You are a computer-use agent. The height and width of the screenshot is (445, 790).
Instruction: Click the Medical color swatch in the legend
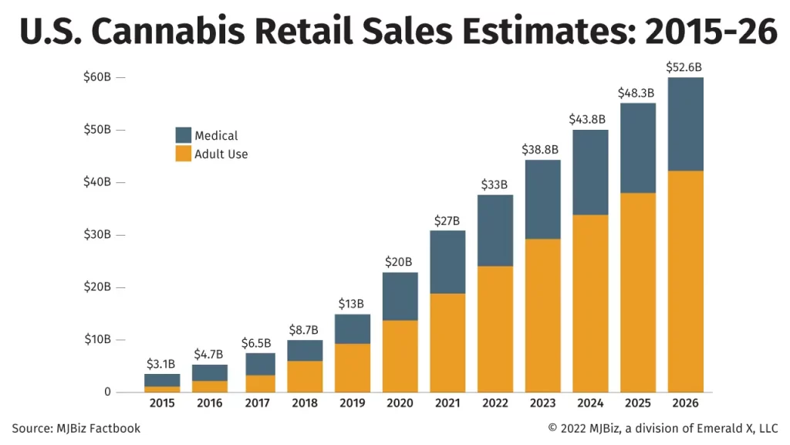pos(184,135)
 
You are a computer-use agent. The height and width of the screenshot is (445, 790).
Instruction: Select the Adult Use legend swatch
pos(184,154)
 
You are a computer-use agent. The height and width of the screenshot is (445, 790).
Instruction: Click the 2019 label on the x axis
pos(352,403)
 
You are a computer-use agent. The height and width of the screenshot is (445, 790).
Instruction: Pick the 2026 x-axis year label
pos(685,403)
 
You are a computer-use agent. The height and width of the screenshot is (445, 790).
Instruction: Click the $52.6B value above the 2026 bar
pos(685,67)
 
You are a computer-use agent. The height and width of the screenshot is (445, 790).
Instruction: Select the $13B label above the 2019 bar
pos(352,304)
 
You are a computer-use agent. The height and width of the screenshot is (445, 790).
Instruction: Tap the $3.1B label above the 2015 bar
pos(161,364)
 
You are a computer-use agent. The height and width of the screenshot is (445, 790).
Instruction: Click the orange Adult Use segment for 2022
pos(495,328)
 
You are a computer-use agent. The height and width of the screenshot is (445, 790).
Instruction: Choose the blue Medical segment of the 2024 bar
pos(589,172)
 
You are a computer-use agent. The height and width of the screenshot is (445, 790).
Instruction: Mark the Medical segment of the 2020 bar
pos(400,296)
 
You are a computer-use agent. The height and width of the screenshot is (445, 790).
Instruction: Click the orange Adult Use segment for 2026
pos(685,281)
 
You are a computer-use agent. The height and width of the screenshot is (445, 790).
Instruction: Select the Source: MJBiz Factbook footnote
pos(76,428)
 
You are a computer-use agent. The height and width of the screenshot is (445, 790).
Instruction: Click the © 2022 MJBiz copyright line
pos(663,428)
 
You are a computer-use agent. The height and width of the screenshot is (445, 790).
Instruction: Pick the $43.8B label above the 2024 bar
pos(589,120)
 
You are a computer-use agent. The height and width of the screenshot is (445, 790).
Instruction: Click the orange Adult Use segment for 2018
pos(304,376)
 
